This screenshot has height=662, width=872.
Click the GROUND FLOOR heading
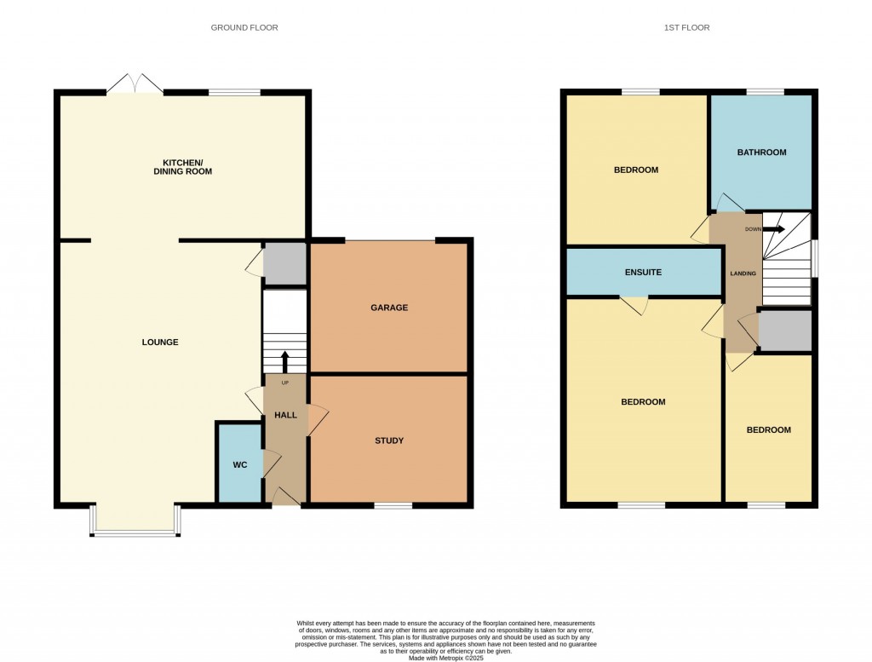click(x=244, y=28)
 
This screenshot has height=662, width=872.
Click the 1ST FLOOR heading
click(x=686, y=28)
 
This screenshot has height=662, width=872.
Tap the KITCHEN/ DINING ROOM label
click(x=188, y=167)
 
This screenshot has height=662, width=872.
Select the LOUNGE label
click(x=160, y=343)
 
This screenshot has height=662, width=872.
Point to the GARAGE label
click(x=388, y=308)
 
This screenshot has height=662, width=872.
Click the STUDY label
click(x=388, y=440)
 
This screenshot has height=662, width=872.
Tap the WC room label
click(x=239, y=465)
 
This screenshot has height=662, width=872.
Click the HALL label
click(x=285, y=415)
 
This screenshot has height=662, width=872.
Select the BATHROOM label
click(x=761, y=153)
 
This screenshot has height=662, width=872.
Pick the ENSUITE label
click(x=643, y=273)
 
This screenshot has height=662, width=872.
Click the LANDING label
click(x=742, y=273)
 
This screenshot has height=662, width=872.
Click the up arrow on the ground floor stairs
click(x=284, y=360)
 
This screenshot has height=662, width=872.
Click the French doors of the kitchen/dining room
click(x=135, y=83)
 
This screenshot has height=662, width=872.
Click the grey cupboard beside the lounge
click(x=284, y=263)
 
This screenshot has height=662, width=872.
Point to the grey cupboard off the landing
click(x=784, y=331)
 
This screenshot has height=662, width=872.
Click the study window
click(x=393, y=505)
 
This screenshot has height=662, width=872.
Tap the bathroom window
click(x=766, y=91)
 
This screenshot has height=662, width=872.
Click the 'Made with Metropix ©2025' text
click(x=445, y=658)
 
